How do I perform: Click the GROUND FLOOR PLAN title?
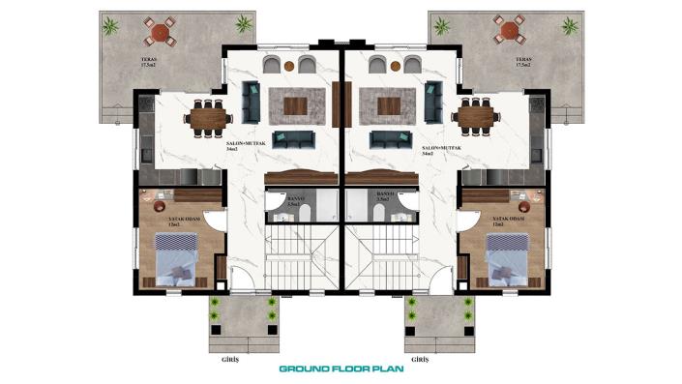(x=341, y=369)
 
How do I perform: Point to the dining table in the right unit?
(x=475, y=118)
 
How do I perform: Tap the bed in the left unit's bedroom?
(x=174, y=261)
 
